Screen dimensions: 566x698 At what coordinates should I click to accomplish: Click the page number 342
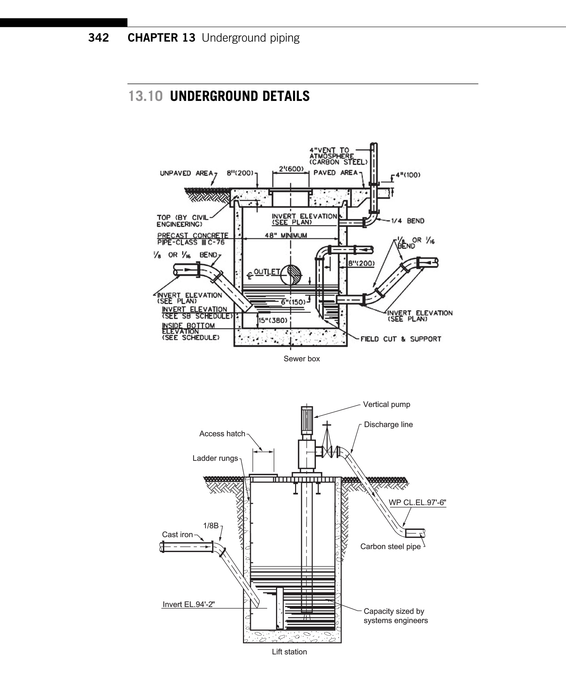click(98, 37)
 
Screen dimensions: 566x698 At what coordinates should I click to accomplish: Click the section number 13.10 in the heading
click(146, 96)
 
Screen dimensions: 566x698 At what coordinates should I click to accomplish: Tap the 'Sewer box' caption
click(302, 359)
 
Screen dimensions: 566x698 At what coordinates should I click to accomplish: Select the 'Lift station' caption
click(289, 652)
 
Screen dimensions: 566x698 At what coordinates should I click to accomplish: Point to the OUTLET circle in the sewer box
click(290, 275)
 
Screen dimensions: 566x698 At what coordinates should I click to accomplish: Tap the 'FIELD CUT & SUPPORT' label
click(401, 339)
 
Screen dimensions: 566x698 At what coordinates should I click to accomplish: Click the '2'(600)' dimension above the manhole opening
click(291, 169)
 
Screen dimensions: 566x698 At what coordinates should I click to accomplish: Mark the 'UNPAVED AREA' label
click(186, 173)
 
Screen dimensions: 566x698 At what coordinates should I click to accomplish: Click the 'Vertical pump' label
click(386, 404)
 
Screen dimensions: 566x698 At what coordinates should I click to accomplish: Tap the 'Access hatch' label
click(222, 434)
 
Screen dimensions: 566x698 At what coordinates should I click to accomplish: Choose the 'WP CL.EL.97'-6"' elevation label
click(417, 502)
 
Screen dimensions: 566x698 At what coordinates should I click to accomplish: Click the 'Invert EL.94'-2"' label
click(189, 604)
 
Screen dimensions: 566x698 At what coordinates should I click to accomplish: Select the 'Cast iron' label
click(178, 534)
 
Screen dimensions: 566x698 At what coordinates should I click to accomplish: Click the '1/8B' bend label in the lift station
click(211, 526)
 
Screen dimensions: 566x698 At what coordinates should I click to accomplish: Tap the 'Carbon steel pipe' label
click(391, 546)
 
